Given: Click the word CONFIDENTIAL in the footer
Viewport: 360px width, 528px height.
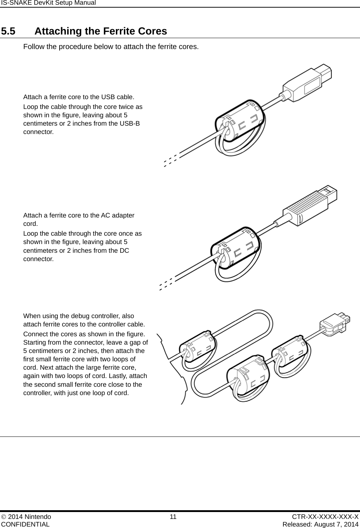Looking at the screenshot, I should point(25,524).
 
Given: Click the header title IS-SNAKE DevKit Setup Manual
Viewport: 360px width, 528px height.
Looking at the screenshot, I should point(48,3).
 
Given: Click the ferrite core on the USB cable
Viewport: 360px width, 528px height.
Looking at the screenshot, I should point(240,122).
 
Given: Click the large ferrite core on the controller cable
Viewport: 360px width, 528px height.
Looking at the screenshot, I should point(248,378).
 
